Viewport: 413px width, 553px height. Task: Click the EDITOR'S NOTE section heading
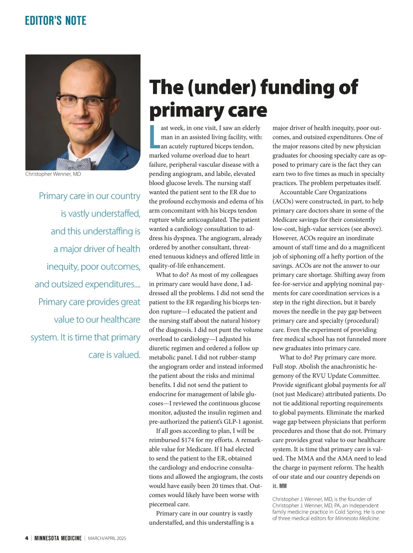pos(55,21)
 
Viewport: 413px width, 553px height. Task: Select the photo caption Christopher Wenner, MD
pos(53,174)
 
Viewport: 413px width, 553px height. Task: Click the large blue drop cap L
pos(154,137)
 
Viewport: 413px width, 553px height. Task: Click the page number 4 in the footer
pos(27,538)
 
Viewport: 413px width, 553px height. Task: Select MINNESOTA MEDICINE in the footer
pos(58,538)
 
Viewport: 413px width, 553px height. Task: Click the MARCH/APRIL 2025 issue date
pos(107,538)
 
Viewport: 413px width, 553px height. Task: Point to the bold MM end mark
pos(283,486)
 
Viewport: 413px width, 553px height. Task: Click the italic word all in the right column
pos(382,385)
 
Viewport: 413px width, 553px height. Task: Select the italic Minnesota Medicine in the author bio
pos(357,518)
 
